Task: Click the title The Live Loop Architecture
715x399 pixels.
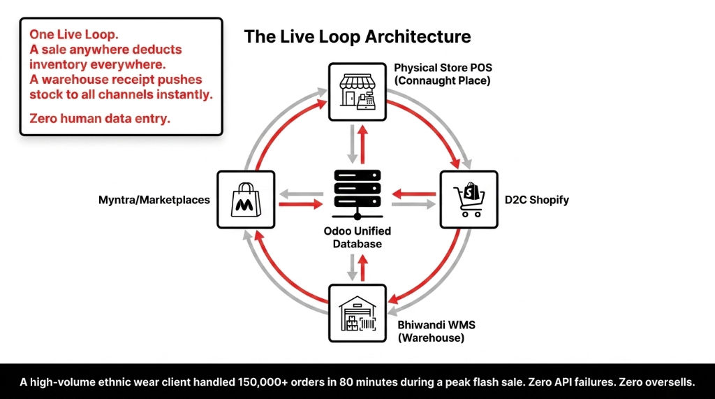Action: (x=357, y=36)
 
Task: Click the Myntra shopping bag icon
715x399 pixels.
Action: (x=246, y=199)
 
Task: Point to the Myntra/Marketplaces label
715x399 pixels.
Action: (x=154, y=200)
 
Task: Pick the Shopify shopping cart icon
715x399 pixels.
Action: (x=469, y=199)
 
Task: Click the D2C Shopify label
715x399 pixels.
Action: (x=536, y=200)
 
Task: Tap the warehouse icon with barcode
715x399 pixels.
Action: (x=357, y=312)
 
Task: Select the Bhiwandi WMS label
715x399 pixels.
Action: (x=427, y=325)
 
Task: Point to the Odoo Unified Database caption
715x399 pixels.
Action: (x=357, y=237)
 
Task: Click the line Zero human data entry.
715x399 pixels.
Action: (x=99, y=119)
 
